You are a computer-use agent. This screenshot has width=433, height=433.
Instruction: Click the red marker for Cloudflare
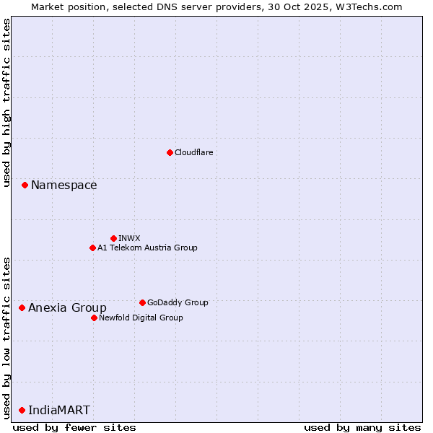(170, 152)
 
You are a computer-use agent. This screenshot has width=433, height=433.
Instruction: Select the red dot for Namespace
(25, 185)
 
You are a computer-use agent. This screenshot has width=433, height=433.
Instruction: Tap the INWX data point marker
(113, 238)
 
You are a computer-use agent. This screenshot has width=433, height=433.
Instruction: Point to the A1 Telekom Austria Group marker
(92, 248)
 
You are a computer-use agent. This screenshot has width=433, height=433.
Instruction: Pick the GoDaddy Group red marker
(142, 302)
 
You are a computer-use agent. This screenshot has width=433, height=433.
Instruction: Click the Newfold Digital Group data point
(94, 318)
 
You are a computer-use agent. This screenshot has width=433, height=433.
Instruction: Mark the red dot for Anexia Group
(22, 308)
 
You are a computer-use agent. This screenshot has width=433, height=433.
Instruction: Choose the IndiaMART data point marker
(22, 411)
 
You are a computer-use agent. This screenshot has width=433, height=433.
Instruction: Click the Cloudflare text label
(193, 152)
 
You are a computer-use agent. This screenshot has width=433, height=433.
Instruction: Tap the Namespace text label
(64, 185)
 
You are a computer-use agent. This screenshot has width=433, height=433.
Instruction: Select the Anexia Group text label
(67, 308)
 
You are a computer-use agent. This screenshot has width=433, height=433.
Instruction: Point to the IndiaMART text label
(59, 411)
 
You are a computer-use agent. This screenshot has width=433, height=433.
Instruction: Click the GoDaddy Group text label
(178, 302)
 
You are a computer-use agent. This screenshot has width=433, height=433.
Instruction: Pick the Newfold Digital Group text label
(141, 318)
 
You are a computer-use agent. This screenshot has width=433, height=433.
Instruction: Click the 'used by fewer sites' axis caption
(74, 427)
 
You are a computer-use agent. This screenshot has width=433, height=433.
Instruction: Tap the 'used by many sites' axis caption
(362, 427)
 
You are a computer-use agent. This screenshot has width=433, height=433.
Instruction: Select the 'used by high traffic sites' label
(6, 102)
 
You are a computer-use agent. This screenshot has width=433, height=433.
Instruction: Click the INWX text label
(129, 238)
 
